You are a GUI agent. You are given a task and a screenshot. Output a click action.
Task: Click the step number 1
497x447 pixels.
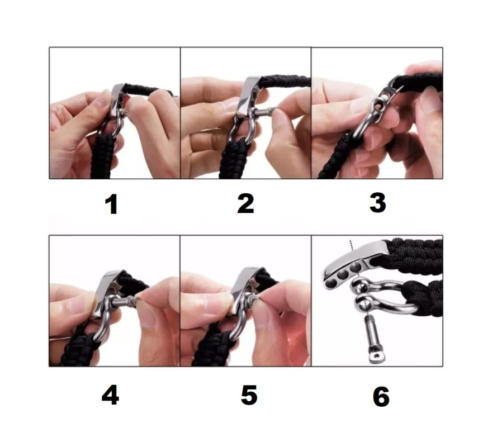[x=112, y=205]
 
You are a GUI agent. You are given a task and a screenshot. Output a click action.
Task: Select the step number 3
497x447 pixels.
[x=377, y=203]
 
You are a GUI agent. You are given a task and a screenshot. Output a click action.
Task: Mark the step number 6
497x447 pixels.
[x=381, y=397]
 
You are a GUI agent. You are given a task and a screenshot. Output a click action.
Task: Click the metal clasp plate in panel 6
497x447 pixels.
[x=355, y=264]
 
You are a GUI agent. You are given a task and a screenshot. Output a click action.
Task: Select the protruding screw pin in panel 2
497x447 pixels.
[x=264, y=112]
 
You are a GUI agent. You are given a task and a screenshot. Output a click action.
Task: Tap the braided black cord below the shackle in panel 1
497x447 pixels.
[x=102, y=156]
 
